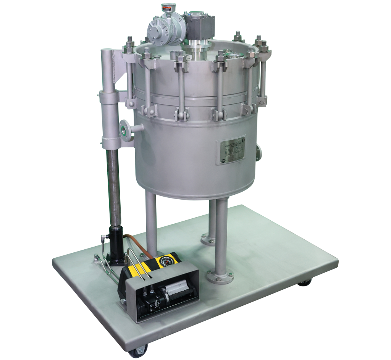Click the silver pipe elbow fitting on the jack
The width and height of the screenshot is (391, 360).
point(103,237)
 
